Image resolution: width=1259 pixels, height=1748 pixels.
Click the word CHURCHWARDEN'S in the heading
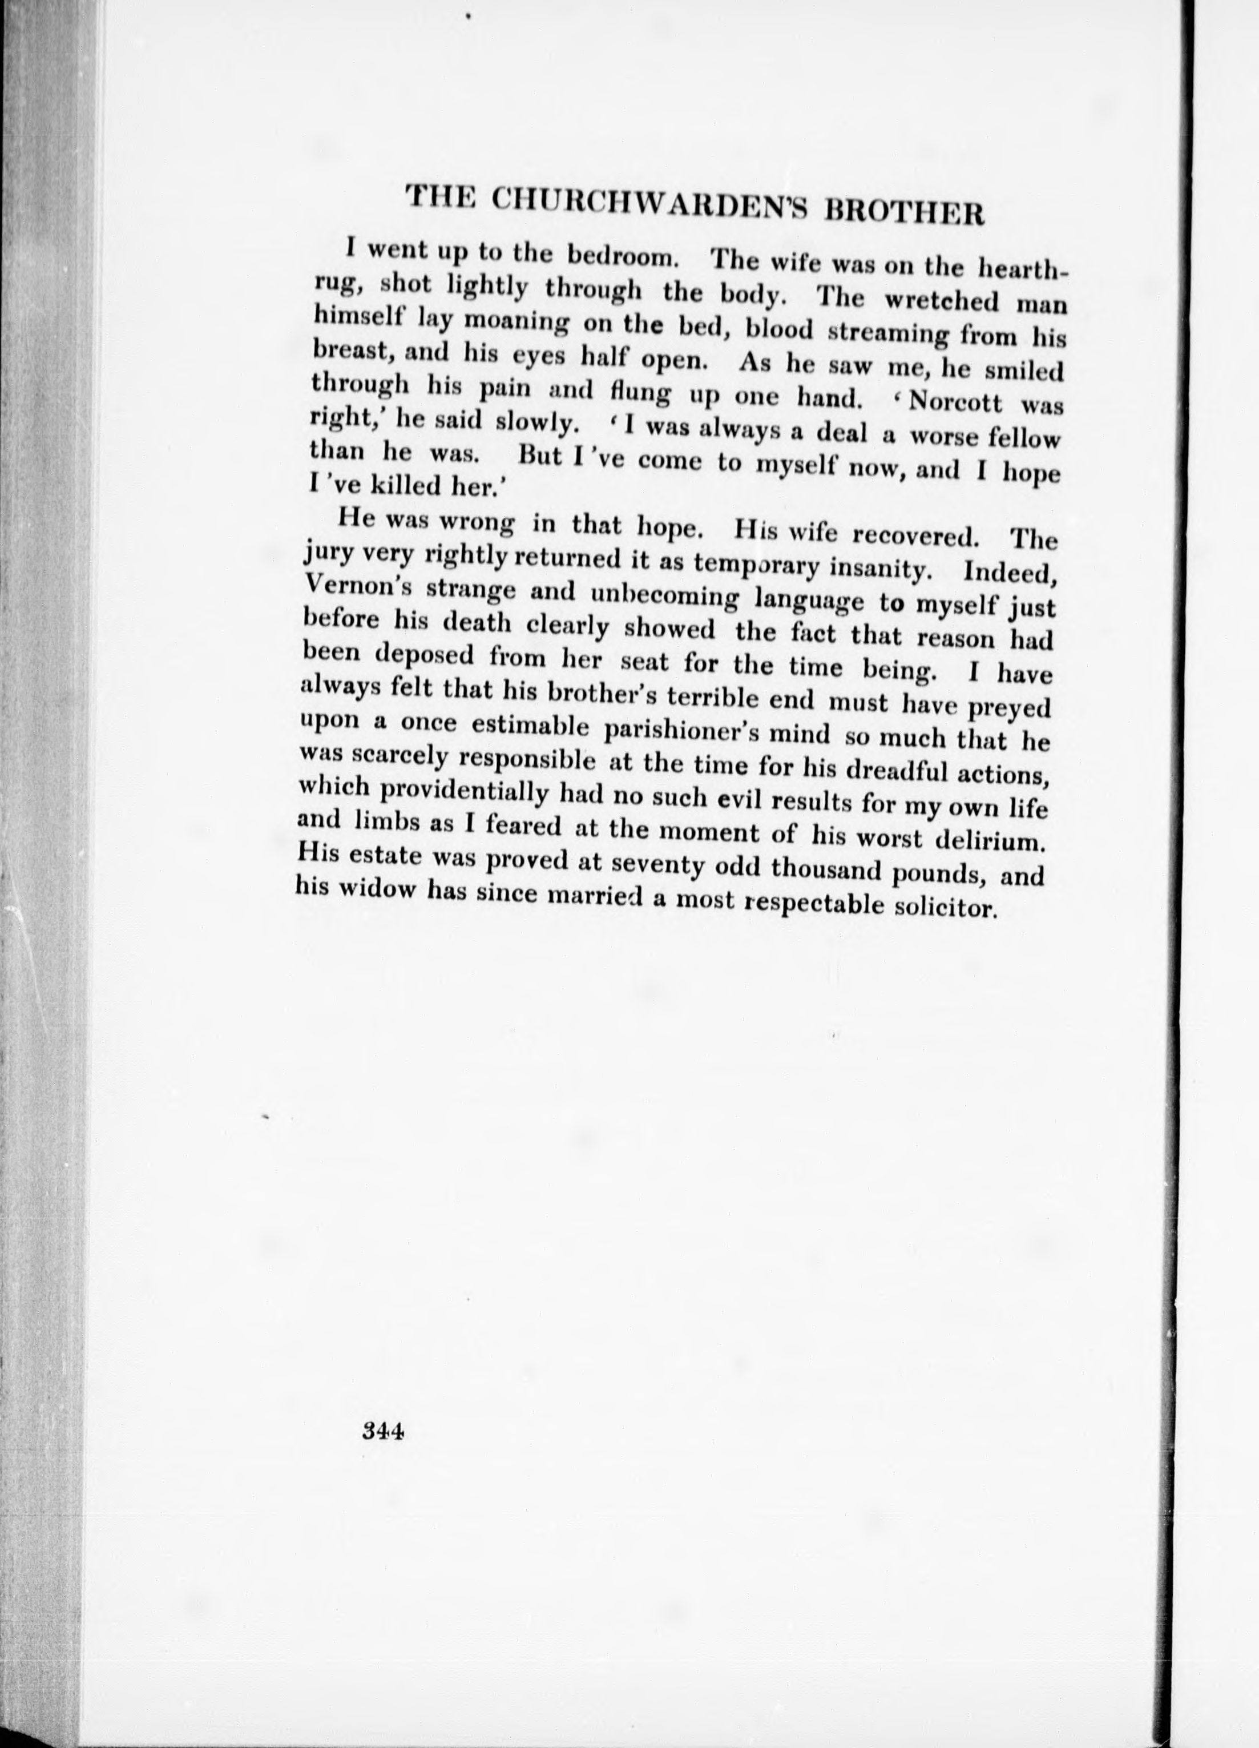point(650,205)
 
